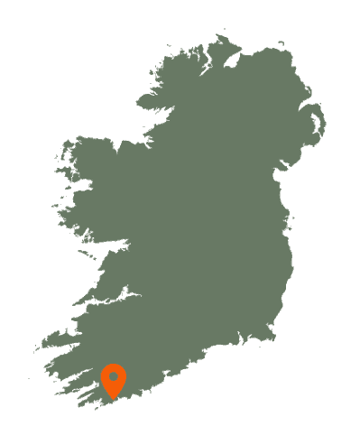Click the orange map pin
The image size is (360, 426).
(x=114, y=379)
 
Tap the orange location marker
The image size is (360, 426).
(x=114, y=379)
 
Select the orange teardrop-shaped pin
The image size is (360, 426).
(x=114, y=379)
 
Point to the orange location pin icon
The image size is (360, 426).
(x=114, y=379)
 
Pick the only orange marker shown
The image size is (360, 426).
(x=114, y=379)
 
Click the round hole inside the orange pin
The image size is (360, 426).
(x=114, y=376)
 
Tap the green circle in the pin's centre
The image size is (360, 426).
(x=114, y=376)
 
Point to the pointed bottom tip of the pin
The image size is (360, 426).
(x=114, y=397)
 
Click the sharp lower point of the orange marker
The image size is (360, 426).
(x=114, y=397)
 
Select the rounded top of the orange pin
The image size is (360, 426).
(x=114, y=366)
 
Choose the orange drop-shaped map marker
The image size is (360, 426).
(x=114, y=379)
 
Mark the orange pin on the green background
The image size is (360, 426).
(x=114, y=379)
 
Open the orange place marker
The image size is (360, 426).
(x=114, y=379)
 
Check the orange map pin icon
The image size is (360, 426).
(x=114, y=379)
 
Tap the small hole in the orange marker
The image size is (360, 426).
(x=114, y=376)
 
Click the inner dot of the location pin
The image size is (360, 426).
(x=114, y=376)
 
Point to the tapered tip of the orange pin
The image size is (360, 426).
(x=114, y=397)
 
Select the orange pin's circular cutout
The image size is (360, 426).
(x=114, y=376)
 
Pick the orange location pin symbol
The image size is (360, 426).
(x=114, y=379)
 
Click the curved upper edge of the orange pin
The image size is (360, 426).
(x=114, y=366)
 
